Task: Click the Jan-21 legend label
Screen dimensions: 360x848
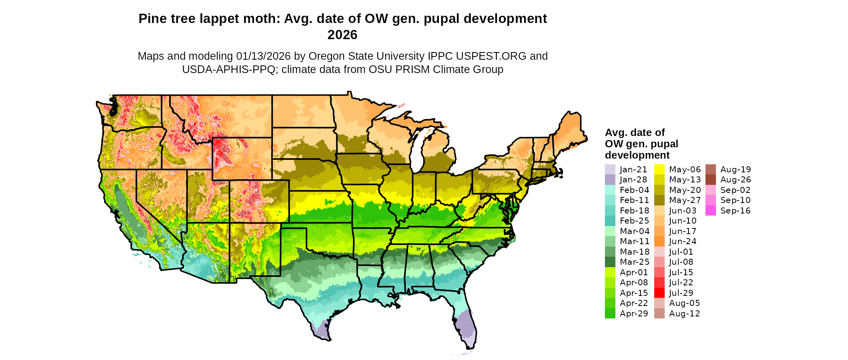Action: [x=633, y=170]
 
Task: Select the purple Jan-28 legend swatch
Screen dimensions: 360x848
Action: [x=610, y=180]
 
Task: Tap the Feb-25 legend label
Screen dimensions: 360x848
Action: [x=634, y=221]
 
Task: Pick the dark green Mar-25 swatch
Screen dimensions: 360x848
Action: [x=610, y=262]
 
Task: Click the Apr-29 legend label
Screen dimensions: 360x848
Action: [x=634, y=314]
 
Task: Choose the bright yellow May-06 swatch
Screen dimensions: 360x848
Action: [x=659, y=170]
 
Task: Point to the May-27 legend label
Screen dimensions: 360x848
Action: [x=685, y=201]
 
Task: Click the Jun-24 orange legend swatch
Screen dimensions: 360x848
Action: [x=659, y=242]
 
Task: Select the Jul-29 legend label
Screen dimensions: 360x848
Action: [x=681, y=293]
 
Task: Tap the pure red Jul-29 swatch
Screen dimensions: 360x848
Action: [x=659, y=293]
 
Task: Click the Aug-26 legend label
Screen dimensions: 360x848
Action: [x=736, y=180]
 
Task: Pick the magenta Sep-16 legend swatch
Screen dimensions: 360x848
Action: [x=710, y=211]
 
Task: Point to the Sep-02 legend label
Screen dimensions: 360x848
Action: [x=735, y=190]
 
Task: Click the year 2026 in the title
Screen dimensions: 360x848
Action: [x=342, y=35]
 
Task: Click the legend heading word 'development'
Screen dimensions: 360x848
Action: [x=637, y=155]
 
